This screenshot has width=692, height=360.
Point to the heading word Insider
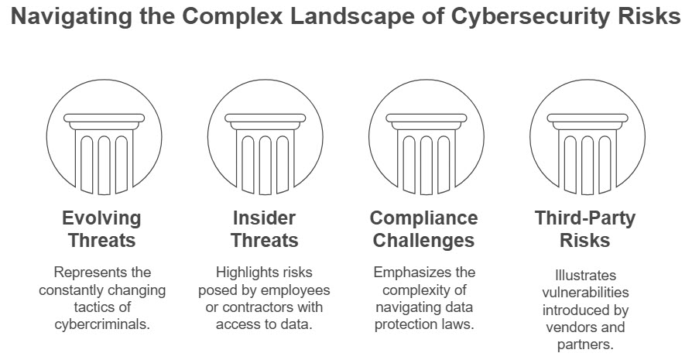pos(265,218)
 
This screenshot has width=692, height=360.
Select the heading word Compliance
pos(423,218)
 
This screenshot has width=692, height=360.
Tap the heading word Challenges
pos(423,240)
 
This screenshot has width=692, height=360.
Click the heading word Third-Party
pos(584,218)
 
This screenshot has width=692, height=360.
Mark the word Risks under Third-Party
pos(584,240)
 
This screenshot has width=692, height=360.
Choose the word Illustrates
pos(584,276)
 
